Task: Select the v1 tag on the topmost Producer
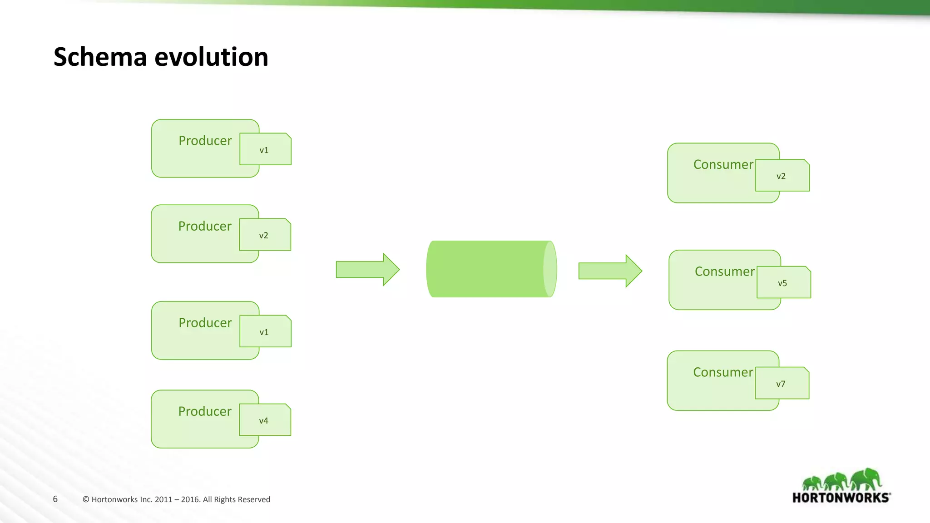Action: click(x=265, y=150)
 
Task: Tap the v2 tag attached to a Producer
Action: click(x=264, y=235)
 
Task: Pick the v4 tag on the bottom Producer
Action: click(x=264, y=420)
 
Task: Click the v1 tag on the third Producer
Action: click(x=265, y=332)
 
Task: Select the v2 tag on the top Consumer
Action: click(x=782, y=176)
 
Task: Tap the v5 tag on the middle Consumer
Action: click(x=783, y=283)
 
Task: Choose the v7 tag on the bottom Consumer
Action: click(x=781, y=384)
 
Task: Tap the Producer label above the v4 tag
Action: click(x=205, y=411)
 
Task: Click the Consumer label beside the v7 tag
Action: click(x=723, y=372)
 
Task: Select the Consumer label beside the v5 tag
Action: click(x=725, y=271)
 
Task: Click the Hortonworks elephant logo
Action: click(x=841, y=480)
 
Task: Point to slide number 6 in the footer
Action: click(x=55, y=499)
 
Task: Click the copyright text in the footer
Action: click(x=176, y=499)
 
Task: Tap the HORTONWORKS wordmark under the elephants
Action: click(x=841, y=498)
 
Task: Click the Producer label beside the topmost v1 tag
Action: click(x=205, y=141)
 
